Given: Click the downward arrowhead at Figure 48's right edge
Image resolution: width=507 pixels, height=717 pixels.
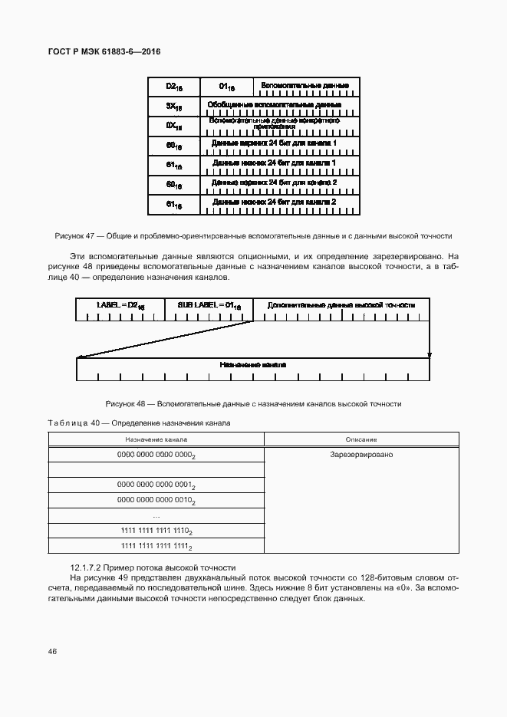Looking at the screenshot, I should [430, 355].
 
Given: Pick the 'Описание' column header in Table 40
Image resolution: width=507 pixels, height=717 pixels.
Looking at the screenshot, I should [360, 439].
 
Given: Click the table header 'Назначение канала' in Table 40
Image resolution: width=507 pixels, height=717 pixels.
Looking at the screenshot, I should [156, 439].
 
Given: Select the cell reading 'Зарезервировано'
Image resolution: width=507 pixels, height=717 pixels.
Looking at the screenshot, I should [360, 455].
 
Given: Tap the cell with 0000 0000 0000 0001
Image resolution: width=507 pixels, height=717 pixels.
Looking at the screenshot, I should [156, 485].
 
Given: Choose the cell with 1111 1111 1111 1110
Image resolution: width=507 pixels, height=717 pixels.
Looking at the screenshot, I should [156, 531].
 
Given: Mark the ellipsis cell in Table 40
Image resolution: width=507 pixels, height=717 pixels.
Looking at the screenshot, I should [156, 515].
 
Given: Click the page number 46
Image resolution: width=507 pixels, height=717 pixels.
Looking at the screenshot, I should [52, 651].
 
